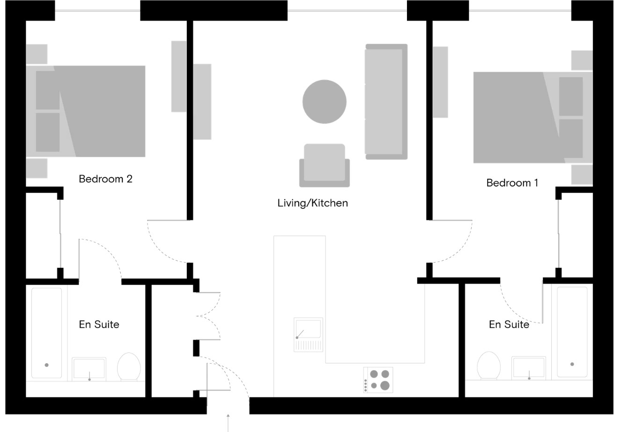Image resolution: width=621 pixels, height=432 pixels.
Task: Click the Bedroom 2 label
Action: point(105,179)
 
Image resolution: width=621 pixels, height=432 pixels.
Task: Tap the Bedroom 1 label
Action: point(512,183)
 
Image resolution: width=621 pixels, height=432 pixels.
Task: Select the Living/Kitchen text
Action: point(312,203)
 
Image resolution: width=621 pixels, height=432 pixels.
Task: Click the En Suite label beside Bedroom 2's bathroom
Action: point(99,324)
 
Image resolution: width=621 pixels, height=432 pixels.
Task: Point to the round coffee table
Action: point(325,102)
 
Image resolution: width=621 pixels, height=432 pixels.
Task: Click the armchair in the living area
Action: point(325,165)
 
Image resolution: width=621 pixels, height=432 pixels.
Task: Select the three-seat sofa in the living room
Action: point(386,102)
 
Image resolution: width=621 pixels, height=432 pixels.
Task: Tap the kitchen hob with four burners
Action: point(378,380)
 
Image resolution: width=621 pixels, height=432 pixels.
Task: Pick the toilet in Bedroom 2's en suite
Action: point(129,366)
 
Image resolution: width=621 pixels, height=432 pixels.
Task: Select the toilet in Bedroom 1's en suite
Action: point(489,365)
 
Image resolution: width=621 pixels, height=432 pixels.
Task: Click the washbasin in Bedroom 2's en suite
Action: point(89,369)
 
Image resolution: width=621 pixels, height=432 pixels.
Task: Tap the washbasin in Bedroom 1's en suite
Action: point(529,368)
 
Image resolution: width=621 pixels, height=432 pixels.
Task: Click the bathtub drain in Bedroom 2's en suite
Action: point(46,365)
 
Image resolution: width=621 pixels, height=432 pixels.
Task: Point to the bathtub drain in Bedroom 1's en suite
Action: point(572,364)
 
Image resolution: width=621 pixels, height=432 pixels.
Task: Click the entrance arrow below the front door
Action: point(228,423)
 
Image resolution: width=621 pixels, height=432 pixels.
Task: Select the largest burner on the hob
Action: point(385,386)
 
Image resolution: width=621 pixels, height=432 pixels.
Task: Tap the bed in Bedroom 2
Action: point(86,111)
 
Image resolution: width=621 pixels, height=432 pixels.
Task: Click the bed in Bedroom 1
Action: point(533,117)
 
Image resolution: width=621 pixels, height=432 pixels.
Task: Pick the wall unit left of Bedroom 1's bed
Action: point(440,82)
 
